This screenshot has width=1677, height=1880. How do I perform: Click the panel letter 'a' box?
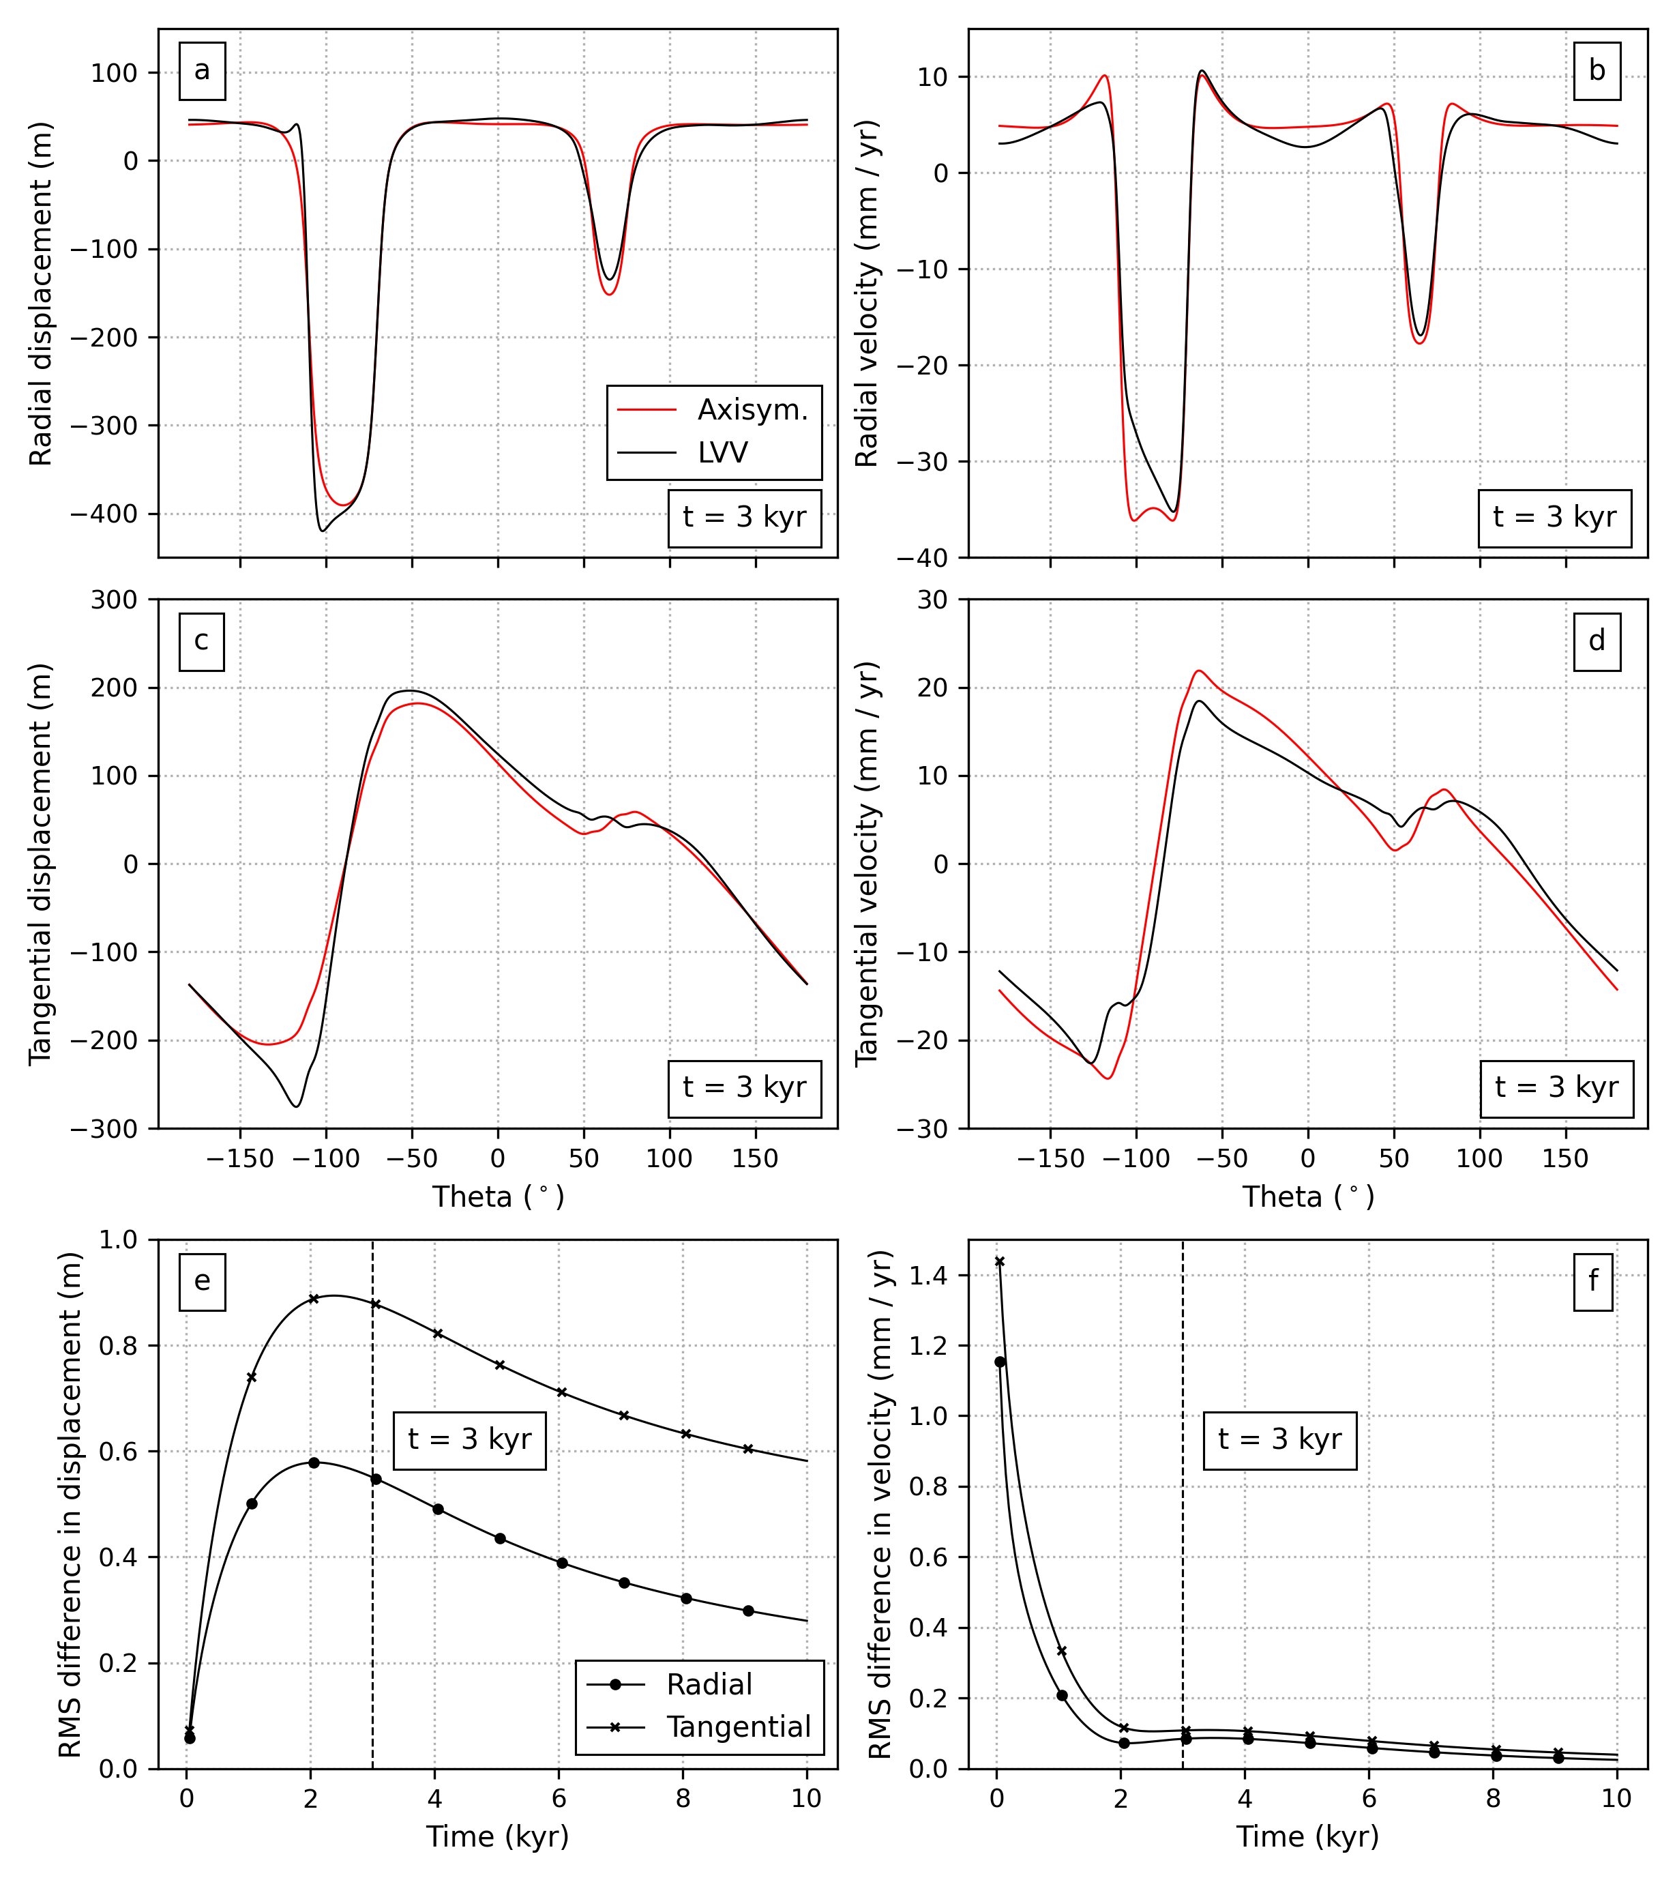202,71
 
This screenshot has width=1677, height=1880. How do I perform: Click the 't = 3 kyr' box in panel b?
1554,517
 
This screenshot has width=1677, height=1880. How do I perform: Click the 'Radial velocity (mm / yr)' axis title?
868,293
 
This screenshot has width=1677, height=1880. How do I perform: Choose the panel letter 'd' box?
1597,641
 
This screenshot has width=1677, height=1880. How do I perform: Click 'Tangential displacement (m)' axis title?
40,864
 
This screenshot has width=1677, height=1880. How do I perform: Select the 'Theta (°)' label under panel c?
499,1197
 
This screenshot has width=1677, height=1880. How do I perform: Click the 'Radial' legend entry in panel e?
709,1685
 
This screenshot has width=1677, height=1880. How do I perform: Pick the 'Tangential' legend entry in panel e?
738,1727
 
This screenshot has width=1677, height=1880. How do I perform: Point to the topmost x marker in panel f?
1000,1261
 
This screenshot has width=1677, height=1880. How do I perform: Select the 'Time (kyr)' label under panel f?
1307,1837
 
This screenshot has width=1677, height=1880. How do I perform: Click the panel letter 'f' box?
1593,1281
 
